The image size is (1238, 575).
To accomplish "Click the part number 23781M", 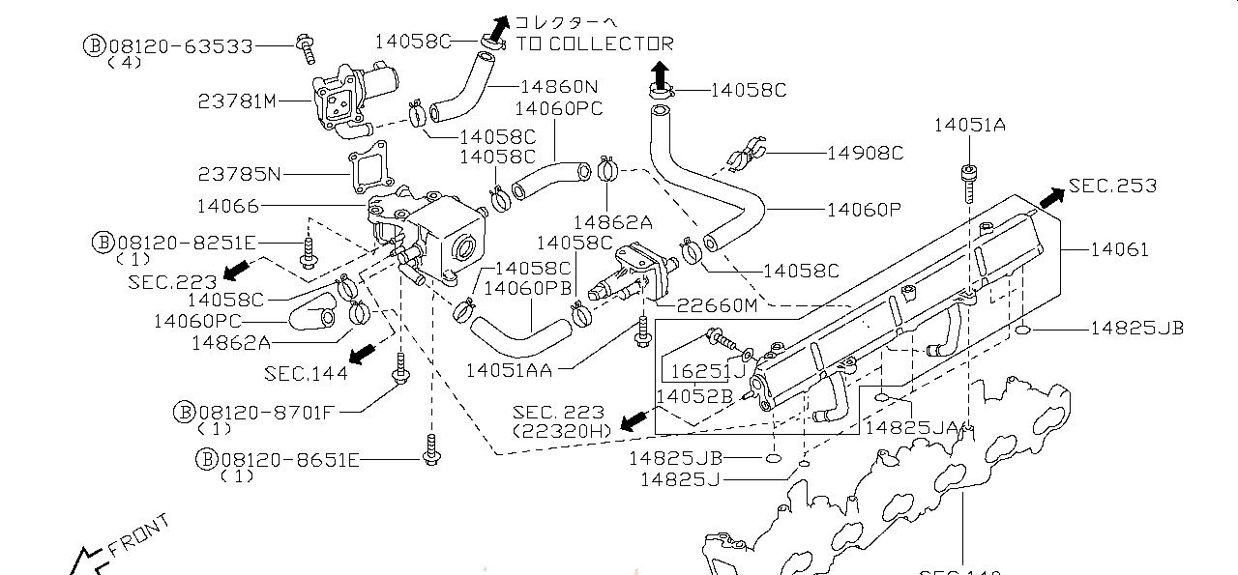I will coord(238,101).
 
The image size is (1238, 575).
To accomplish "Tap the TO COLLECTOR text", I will coord(594,43).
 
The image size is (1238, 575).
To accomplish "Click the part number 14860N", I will coord(558,86).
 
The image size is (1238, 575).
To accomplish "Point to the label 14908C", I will coord(865,153).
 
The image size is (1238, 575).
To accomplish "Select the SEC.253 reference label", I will coord(1112,186).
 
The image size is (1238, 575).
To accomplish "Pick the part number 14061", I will coord(1120,249).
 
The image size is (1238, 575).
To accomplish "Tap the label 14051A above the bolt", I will coord(969,124).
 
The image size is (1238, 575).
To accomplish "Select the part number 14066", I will coord(227,205).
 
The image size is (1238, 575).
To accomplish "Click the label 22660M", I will coord(717,305).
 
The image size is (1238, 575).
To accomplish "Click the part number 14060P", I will coord(864,208).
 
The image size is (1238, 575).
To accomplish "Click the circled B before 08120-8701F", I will coord(184,413).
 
